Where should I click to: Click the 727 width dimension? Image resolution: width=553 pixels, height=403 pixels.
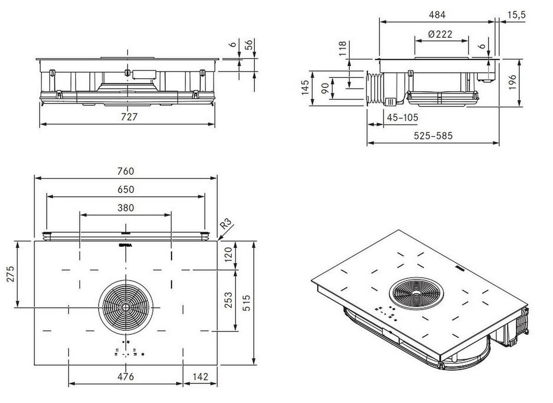click(x=129, y=117)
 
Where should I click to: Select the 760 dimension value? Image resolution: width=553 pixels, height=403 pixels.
click(x=125, y=171)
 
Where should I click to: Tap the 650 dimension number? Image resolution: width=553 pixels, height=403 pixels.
click(x=125, y=190)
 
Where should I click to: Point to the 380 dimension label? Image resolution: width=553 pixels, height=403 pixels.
click(x=125, y=208)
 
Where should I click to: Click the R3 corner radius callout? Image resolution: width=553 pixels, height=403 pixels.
click(x=226, y=225)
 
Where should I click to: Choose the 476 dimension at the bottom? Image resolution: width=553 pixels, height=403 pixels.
click(x=125, y=377)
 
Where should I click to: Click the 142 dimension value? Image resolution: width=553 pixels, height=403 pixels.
click(x=200, y=377)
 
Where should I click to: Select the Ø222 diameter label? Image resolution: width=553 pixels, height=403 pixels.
click(x=440, y=34)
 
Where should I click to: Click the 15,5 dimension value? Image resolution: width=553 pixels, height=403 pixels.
click(x=517, y=15)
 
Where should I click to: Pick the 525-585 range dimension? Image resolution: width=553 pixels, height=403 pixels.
click(x=433, y=136)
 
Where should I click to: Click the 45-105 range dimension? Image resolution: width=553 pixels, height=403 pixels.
click(x=402, y=118)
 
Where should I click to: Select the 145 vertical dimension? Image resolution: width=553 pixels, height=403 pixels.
click(x=305, y=88)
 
